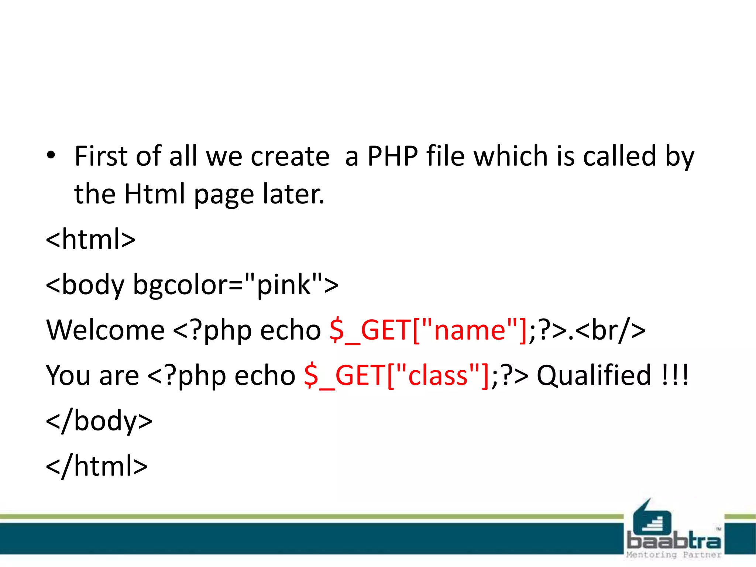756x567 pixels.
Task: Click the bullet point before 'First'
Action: [x=51, y=155]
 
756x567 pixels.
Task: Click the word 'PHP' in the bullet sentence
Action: [x=393, y=157]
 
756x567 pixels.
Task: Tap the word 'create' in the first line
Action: [x=290, y=157]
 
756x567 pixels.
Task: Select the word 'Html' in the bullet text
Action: [x=154, y=194]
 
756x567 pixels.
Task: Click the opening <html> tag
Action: [x=90, y=240]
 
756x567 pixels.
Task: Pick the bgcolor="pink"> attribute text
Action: [x=236, y=285]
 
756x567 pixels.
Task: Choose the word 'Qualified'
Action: [x=594, y=375]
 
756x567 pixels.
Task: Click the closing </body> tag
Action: [x=99, y=421]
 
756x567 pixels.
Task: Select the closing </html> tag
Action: [x=97, y=466]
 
